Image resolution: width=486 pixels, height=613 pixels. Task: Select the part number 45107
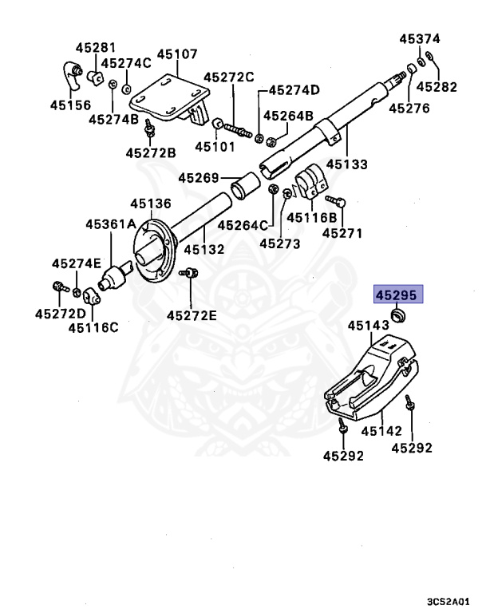click(177, 54)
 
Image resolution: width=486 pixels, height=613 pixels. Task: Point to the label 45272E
click(192, 315)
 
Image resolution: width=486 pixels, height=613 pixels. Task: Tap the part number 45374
click(420, 38)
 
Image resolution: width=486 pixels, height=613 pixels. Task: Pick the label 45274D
click(294, 89)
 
